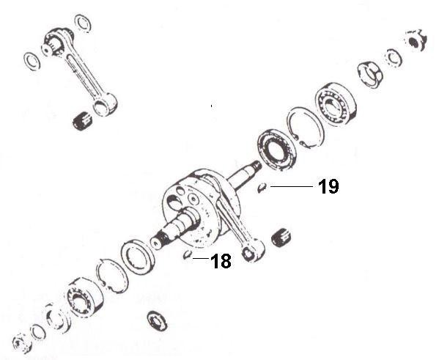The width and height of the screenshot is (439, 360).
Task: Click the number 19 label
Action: click(328, 187)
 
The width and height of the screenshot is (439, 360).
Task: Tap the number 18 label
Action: click(221, 261)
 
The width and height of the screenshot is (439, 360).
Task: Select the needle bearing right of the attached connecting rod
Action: click(279, 238)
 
